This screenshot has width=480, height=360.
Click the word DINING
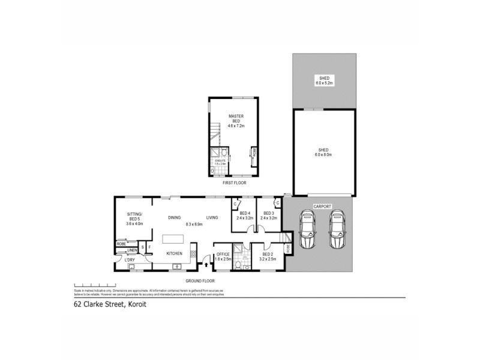(174, 217)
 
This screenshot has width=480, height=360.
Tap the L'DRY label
(129, 259)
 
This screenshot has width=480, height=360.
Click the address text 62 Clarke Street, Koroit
(106, 304)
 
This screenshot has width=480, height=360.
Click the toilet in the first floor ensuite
(213, 170)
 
